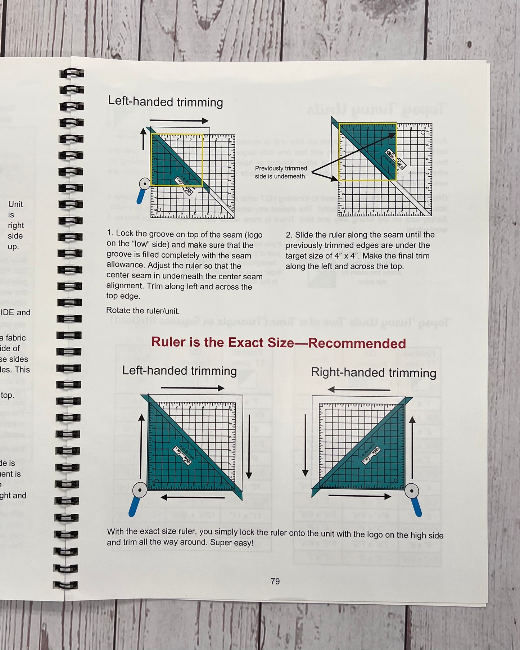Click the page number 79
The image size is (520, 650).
275,581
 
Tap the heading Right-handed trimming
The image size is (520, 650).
373,373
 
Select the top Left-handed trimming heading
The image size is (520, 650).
166,102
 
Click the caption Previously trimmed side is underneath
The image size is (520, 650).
281,172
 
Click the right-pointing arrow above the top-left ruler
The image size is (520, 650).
179,121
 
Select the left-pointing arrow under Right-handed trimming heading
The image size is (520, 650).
359,389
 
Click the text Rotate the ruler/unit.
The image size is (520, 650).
143,311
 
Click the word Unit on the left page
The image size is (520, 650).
15,204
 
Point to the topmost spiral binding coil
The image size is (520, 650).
71,73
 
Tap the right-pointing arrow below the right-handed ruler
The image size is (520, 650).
360,496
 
